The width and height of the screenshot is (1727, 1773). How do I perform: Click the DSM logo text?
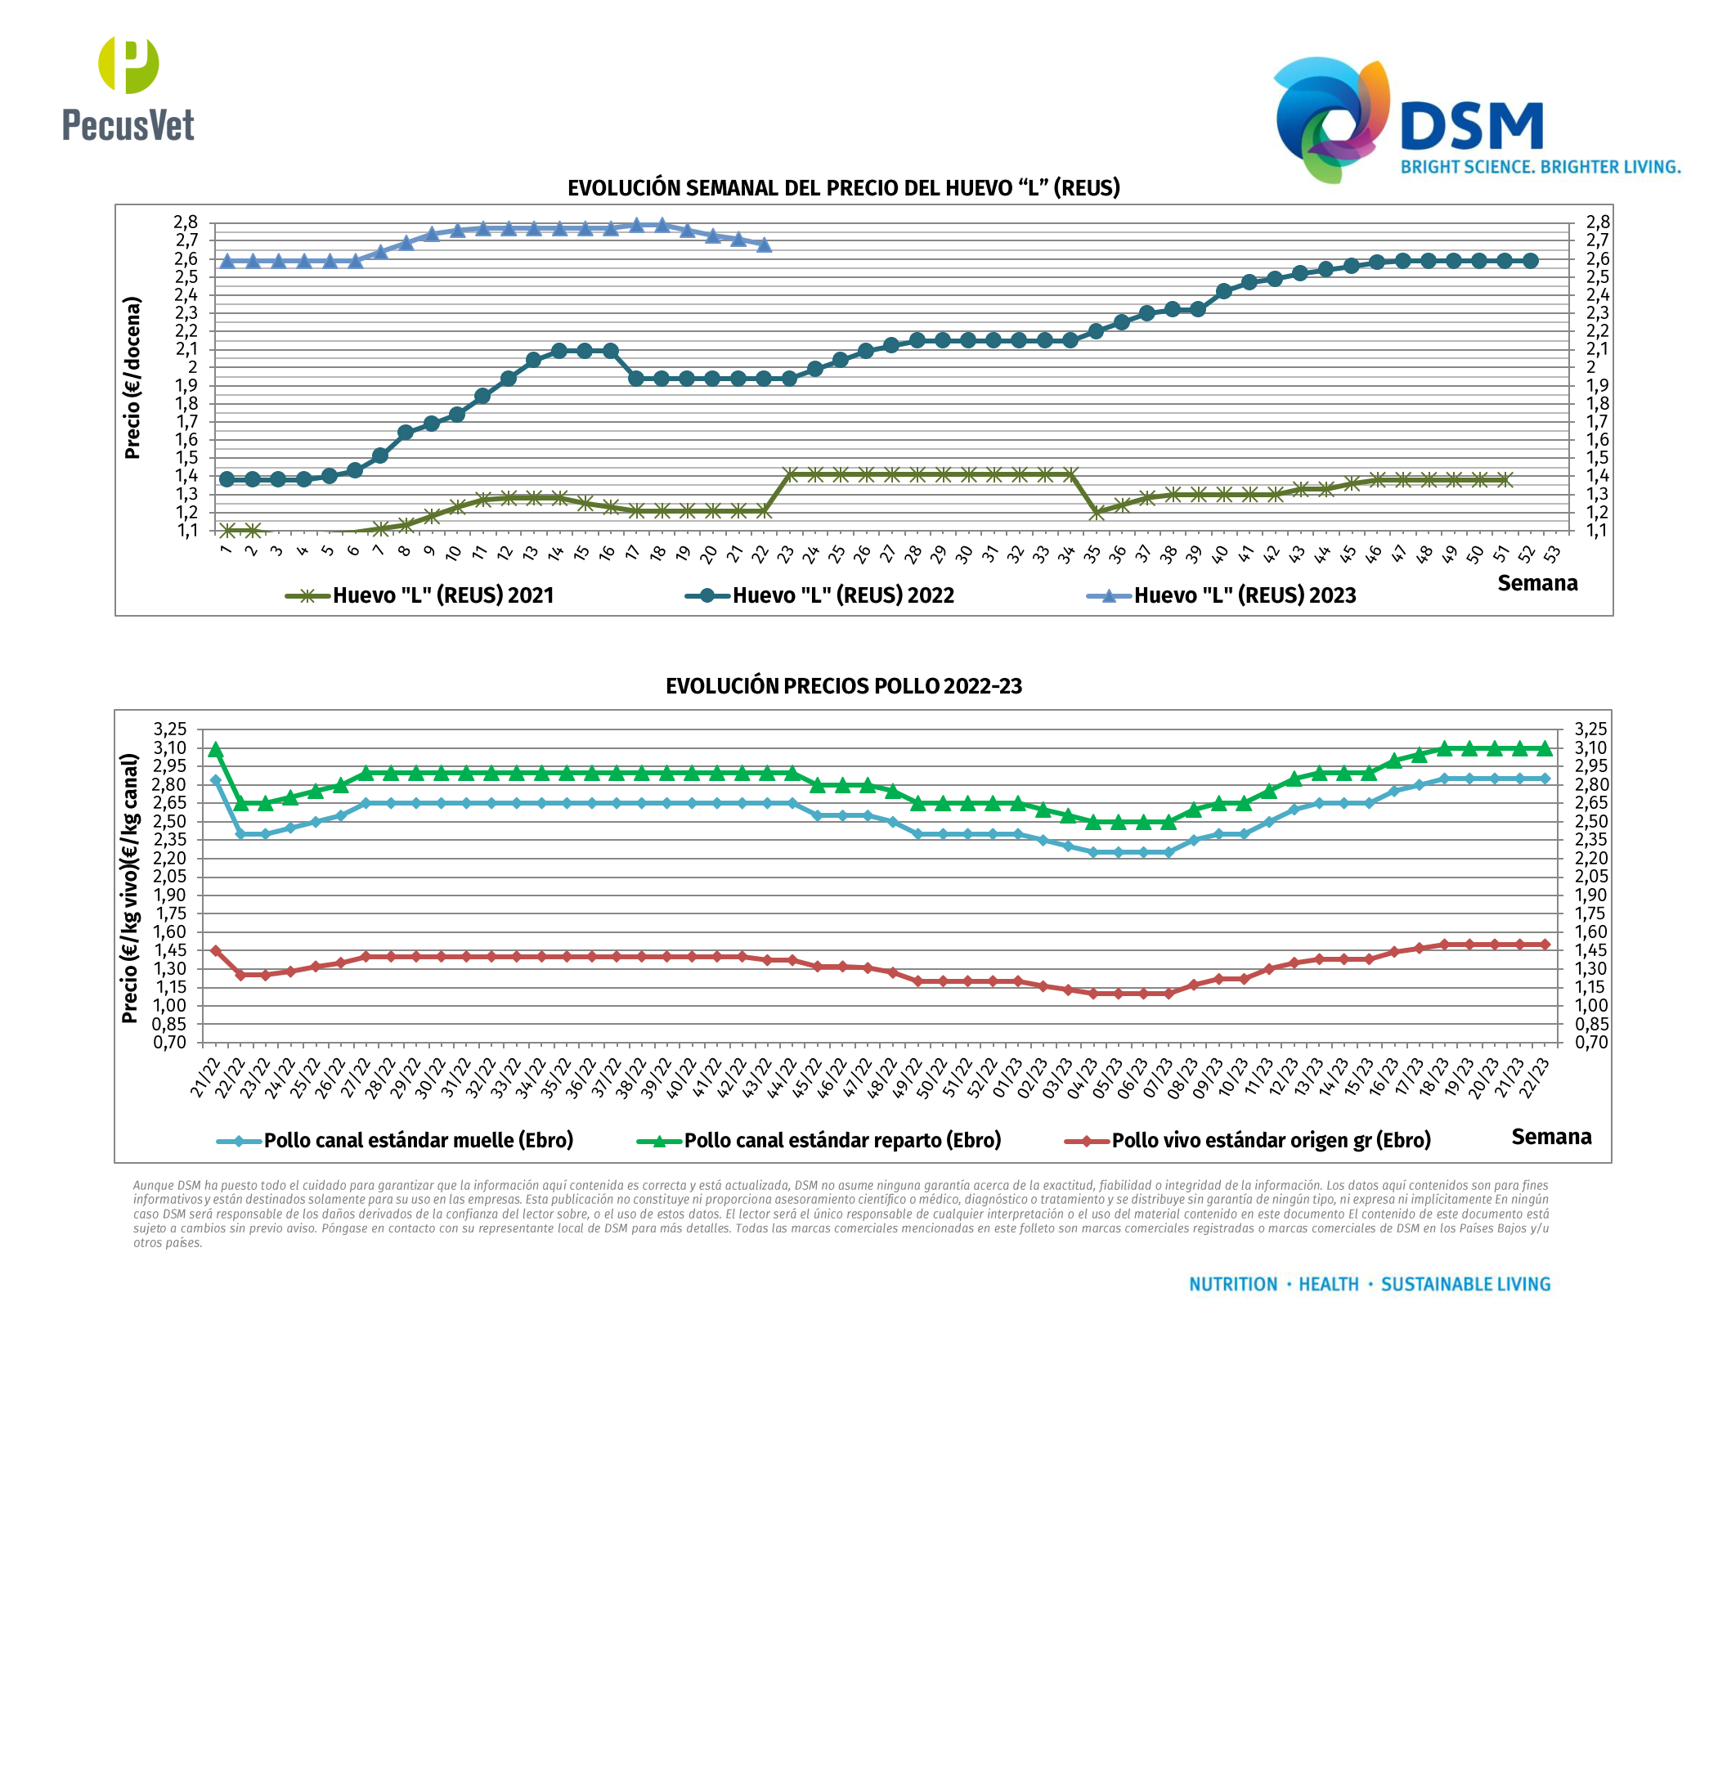1471,126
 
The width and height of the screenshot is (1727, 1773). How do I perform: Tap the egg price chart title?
844,188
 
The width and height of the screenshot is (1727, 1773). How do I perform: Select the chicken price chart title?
844,686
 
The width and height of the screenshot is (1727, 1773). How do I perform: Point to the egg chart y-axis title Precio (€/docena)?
132,378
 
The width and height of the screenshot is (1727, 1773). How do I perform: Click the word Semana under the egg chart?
1537,583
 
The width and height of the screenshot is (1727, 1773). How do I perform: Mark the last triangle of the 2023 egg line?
765,245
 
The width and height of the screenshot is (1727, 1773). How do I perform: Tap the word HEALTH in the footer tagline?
1329,1284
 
